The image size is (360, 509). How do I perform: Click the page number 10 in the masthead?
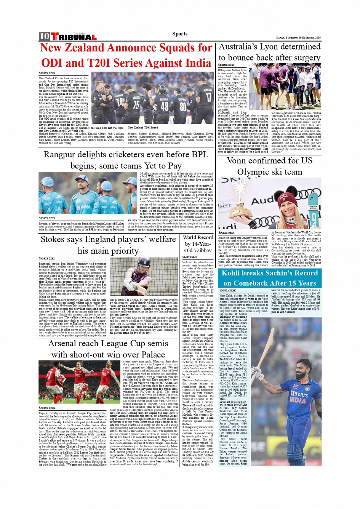pos(44,37)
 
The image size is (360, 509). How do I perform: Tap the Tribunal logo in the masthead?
pos(74,37)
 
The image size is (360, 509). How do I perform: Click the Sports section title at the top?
pos(180,34)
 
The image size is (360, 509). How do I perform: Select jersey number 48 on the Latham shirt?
pos(165,106)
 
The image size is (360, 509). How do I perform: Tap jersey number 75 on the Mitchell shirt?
pos(136,105)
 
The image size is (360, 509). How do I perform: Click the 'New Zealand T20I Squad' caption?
pos(143,128)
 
